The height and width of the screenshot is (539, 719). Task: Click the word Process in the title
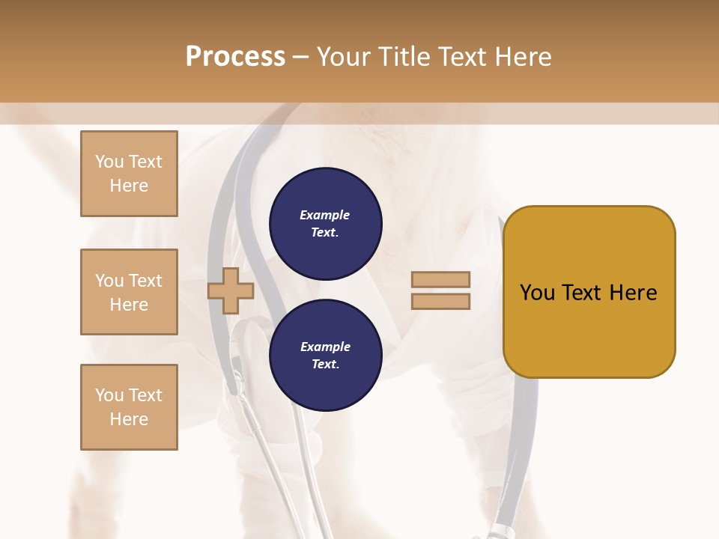click(x=235, y=57)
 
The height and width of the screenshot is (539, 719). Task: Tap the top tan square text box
click(x=129, y=174)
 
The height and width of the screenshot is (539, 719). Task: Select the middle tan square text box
click(x=129, y=292)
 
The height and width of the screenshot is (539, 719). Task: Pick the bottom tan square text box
click(x=129, y=407)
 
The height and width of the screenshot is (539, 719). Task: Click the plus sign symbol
click(x=231, y=290)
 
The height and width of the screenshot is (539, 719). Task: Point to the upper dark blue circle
click(x=325, y=224)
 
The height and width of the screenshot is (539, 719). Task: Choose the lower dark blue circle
click(x=325, y=356)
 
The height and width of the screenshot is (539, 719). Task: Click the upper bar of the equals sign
click(x=440, y=280)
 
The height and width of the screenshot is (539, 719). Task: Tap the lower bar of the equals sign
click(x=440, y=302)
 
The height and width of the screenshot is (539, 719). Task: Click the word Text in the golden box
click(x=582, y=293)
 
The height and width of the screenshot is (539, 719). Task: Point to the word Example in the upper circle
click(x=325, y=215)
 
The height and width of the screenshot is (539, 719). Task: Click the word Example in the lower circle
click(x=325, y=347)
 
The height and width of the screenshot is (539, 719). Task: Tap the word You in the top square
click(x=109, y=162)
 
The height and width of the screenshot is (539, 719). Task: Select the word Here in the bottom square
click(x=129, y=419)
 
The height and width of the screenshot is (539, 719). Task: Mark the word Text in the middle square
click(x=145, y=281)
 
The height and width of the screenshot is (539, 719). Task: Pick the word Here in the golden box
click(x=634, y=293)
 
